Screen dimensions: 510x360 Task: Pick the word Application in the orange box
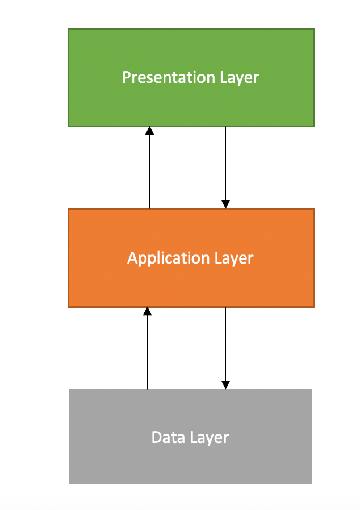tap(161, 258)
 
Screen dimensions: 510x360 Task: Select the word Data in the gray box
tap(166, 438)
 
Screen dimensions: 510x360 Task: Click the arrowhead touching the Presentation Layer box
tap(149, 131)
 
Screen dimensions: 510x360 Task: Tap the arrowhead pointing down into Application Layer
tap(225, 204)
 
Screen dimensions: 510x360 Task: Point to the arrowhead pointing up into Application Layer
tap(147, 311)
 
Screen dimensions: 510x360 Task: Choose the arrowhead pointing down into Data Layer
tap(225, 384)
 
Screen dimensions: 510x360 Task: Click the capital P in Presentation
tap(126, 77)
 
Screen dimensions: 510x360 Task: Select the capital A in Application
tap(132, 258)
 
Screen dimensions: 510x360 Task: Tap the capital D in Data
tap(156, 438)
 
